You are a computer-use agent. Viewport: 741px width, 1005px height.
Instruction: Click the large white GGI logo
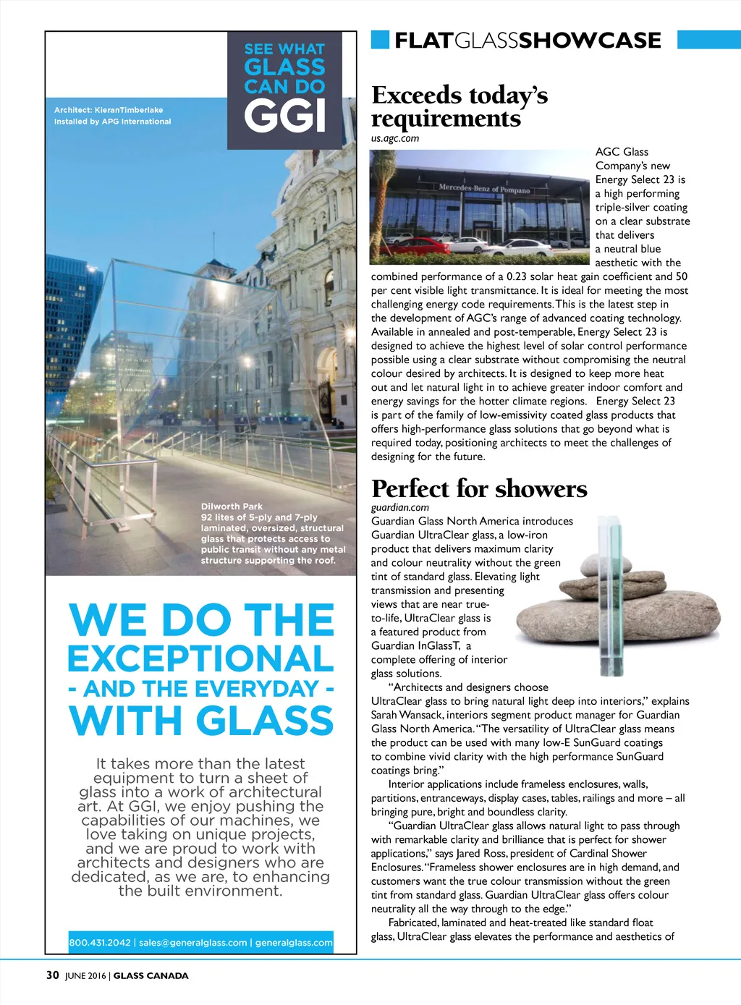tap(285, 116)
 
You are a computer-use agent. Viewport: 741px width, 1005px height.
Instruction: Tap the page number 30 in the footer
tap(52, 975)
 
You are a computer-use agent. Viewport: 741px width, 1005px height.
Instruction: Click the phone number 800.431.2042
tap(100, 943)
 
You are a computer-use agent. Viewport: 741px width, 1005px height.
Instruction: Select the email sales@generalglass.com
tap(193, 943)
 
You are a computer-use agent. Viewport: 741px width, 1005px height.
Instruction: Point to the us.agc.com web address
tap(395, 138)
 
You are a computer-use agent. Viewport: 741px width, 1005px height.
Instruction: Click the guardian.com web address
tap(400, 507)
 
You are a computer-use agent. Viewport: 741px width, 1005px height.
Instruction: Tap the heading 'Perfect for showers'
tap(479, 488)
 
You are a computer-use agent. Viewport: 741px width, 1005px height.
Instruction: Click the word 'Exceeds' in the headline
tap(416, 95)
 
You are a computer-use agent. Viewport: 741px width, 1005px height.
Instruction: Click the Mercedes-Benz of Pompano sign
tap(484, 189)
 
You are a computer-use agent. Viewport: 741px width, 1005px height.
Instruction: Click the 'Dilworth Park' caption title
tap(232, 506)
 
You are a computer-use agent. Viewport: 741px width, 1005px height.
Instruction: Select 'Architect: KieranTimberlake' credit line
tap(109, 110)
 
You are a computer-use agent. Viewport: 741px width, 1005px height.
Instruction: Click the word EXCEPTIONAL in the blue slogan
tap(200, 658)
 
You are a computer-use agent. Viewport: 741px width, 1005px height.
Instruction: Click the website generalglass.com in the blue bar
tap(294, 943)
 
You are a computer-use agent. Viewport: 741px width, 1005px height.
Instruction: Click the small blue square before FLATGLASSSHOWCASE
tap(380, 40)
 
